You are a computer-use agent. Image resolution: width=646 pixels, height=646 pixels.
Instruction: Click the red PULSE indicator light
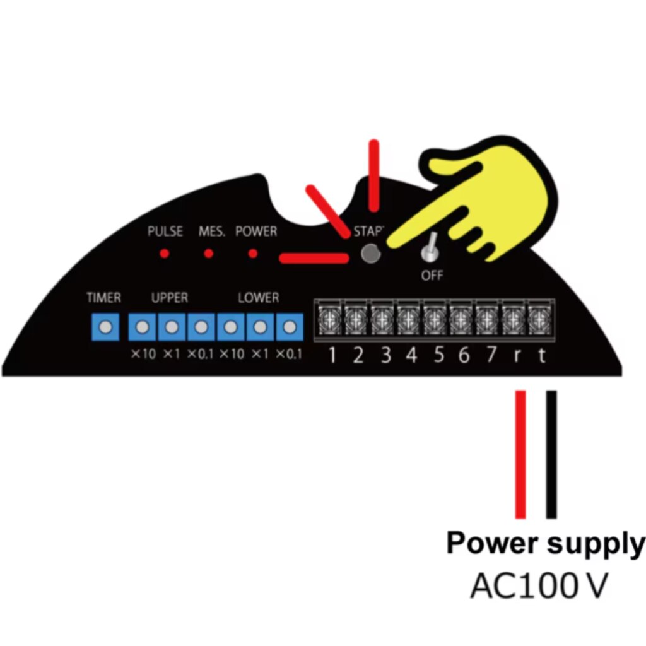click(164, 254)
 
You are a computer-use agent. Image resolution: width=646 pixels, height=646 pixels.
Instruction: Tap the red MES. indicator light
click(208, 254)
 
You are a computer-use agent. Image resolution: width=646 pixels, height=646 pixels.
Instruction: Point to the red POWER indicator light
click(253, 254)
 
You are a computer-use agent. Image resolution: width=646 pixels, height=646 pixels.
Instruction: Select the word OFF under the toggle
click(432, 276)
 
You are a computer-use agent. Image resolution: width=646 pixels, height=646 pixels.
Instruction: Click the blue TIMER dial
click(105, 327)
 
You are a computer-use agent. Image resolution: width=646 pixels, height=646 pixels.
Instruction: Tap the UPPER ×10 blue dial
click(143, 327)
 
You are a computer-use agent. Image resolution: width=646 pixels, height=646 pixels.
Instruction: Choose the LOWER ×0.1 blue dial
click(289, 327)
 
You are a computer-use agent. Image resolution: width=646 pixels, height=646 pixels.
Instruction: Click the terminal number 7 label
click(491, 356)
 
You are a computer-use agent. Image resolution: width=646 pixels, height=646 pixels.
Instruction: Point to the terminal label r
click(517, 356)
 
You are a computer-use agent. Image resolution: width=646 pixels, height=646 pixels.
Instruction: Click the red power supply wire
click(520, 454)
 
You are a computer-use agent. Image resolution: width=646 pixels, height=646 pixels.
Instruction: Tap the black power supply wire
click(551, 454)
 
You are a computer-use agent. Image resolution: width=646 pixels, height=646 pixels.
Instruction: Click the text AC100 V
click(538, 586)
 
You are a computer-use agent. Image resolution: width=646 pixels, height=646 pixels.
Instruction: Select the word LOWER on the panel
click(258, 298)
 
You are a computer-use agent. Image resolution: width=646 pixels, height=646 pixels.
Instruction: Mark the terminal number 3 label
click(385, 356)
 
